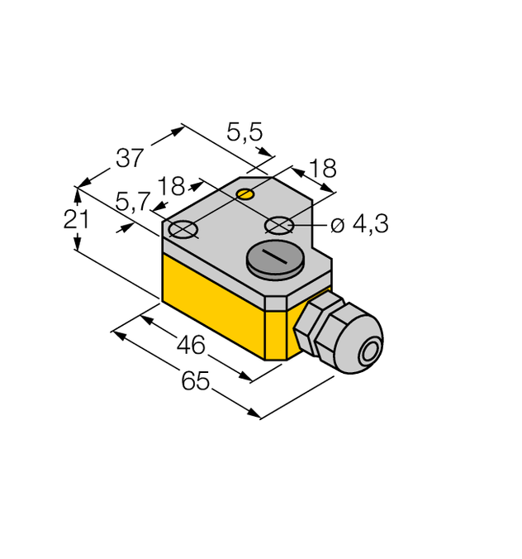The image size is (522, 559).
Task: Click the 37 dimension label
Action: (x=130, y=156)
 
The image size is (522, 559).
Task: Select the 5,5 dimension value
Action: (x=244, y=131)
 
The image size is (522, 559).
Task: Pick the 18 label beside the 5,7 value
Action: (x=172, y=186)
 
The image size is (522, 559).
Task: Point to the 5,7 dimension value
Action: (x=133, y=201)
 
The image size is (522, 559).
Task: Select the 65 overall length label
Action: (x=196, y=380)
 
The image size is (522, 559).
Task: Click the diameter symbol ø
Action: (x=338, y=226)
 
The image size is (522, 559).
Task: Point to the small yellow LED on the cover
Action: (x=245, y=194)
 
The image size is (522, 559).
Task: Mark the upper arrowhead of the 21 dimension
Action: (x=78, y=193)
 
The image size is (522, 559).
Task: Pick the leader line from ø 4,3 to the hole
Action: (x=309, y=225)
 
